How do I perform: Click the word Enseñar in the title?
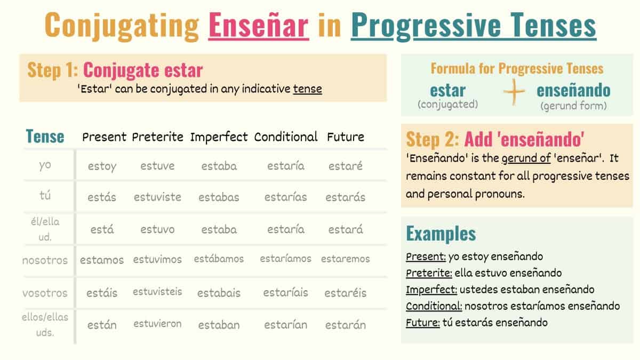pyautogui.click(x=259, y=25)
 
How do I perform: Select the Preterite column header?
pyautogui.click(x=158, y=137)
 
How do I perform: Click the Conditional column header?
pyautogui.click(x=286, y=137)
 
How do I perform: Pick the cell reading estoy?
pyautogui.click(x=102, y=166)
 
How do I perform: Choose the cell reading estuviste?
pyautogui.click(x=157, y=197)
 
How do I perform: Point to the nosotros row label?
pyautogui.click(x=45, y=261)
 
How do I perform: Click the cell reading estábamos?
pyautogui.click(x=219, y=259)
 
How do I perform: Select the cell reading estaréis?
pyautogui.click(x=346, y=293)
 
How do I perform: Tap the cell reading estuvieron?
pyautogui.click(x=157, y=324)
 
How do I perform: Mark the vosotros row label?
pyautogui.click(x=45, y=293)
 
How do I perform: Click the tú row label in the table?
pyautogui.click(x=45, y=196)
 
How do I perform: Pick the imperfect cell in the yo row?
pyautogui.click(x=219, y=166)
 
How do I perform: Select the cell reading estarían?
pyautogui.click(x=286, y=325)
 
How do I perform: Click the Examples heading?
pyautogui.click(x=441, y=234)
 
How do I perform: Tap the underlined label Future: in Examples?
pyautogui.click(x=422, y=323)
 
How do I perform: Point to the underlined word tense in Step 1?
pyautogui.click(x=307, y=89)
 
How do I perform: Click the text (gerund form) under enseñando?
pyautogui.click(x=573, y=106)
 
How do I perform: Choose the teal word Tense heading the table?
pyautogui.click(x=45, y=137)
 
